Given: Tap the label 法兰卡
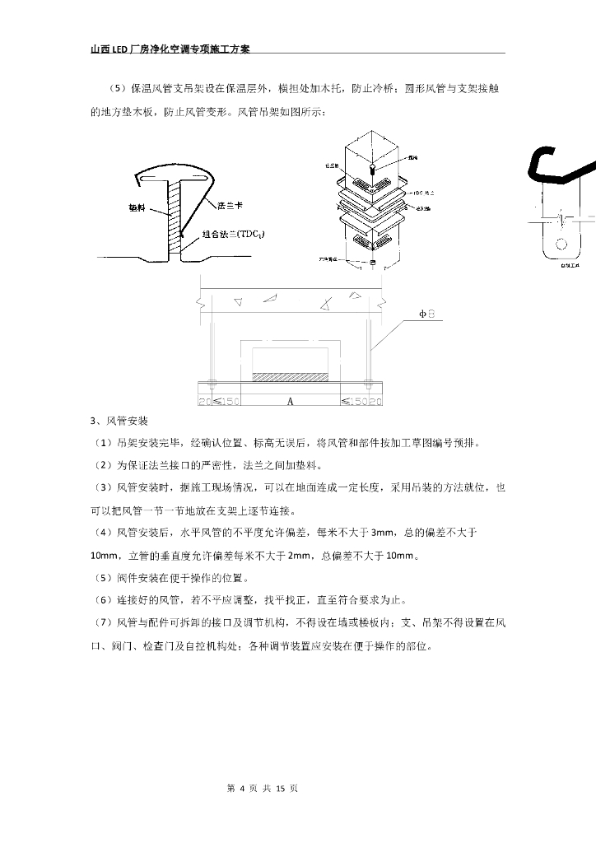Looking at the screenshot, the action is [x=229, y=205].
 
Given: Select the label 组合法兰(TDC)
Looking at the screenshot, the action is [x=234, y=234].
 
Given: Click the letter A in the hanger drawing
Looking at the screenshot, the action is [x=291, y=402].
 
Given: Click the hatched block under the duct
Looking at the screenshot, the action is [x=290, y=377].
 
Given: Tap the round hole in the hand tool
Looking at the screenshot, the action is [x=563, y=244].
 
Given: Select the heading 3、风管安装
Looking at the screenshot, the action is [x=119, y=421].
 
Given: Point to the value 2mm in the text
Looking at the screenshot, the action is [x=300, y=555].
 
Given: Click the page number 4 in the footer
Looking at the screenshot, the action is [x=242, y=788].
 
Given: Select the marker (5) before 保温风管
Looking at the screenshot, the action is [x=115, y=88].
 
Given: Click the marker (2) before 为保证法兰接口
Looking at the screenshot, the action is [x=102, y=466].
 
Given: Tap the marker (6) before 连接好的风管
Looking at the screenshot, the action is [x=102, y=599].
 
